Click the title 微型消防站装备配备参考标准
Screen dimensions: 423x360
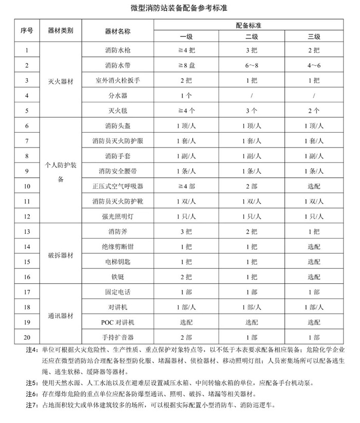[x=180, y=9]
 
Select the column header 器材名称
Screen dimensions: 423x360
[x=117, y=31]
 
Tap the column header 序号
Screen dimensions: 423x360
[x=27, y=31]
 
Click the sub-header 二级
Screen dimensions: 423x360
[x=251, y=37]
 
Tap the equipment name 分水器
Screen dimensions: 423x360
[x=117, y=96]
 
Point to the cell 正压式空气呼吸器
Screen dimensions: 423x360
[x=117, y=186]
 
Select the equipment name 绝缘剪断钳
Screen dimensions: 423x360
[x=117, y=247]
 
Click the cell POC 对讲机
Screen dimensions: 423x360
[x=117, y=322]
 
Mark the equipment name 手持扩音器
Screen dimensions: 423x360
[x=117, y=337]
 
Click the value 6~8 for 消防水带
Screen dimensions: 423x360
[x=251, y=66]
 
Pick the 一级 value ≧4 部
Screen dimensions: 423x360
[x=186, y=186]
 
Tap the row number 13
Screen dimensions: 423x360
[x=27, y=232]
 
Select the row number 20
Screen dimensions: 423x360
[x=27, y=337]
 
